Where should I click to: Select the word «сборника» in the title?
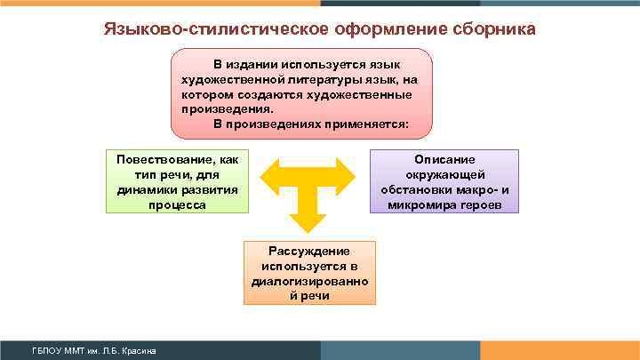point(492,30)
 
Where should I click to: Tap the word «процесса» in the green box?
point(178,204)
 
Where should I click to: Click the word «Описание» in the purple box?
point(444,159)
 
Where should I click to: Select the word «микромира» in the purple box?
point(421,204)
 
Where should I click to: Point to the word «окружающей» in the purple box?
point(444,174)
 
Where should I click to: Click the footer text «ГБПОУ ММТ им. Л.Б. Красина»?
point(93,351)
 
